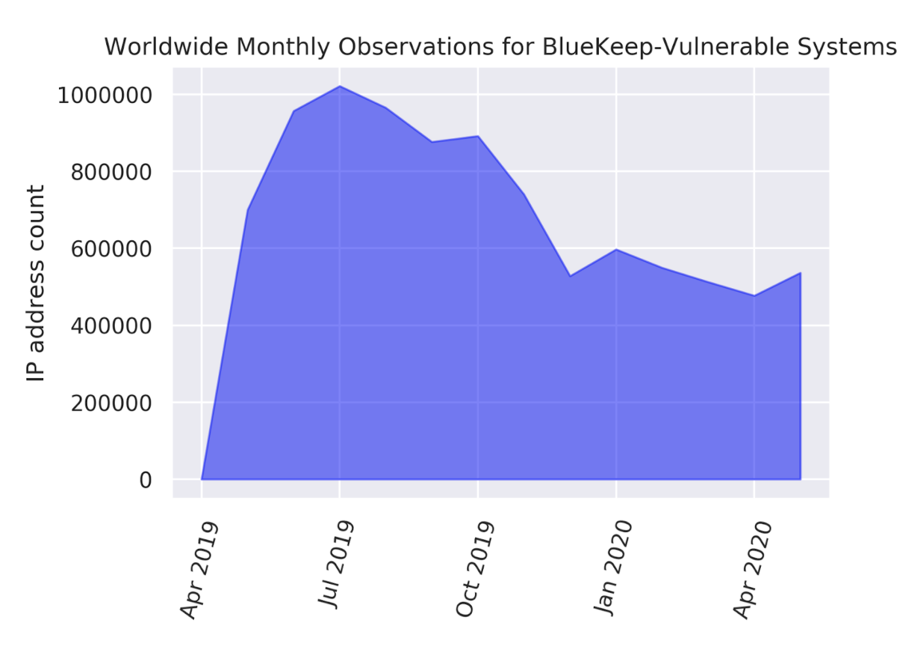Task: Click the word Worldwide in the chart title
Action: click(x=166, y=47)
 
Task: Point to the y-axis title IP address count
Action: click(x=35, y=282)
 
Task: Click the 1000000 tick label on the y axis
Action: click(x=105, y=96)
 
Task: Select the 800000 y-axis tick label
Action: click(x=111, y=172)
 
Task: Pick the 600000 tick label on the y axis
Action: click(x=111, y=250)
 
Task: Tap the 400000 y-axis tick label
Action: click(x=111, y=326)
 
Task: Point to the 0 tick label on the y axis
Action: click(x=145, y=480)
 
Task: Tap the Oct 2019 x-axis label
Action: click(x=474, y=569)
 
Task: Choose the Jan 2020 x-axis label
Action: click(x=613, y=567)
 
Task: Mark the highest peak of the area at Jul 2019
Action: click(x=339, y=86)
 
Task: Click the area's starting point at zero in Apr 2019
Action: click(x=202, y=479)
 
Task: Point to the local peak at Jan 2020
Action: click(x=616, y=250)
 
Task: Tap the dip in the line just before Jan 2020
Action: click(x=570, y=276)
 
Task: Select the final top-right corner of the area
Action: click(x=800, y=273)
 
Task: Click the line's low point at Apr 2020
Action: click(x=754, y=295)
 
